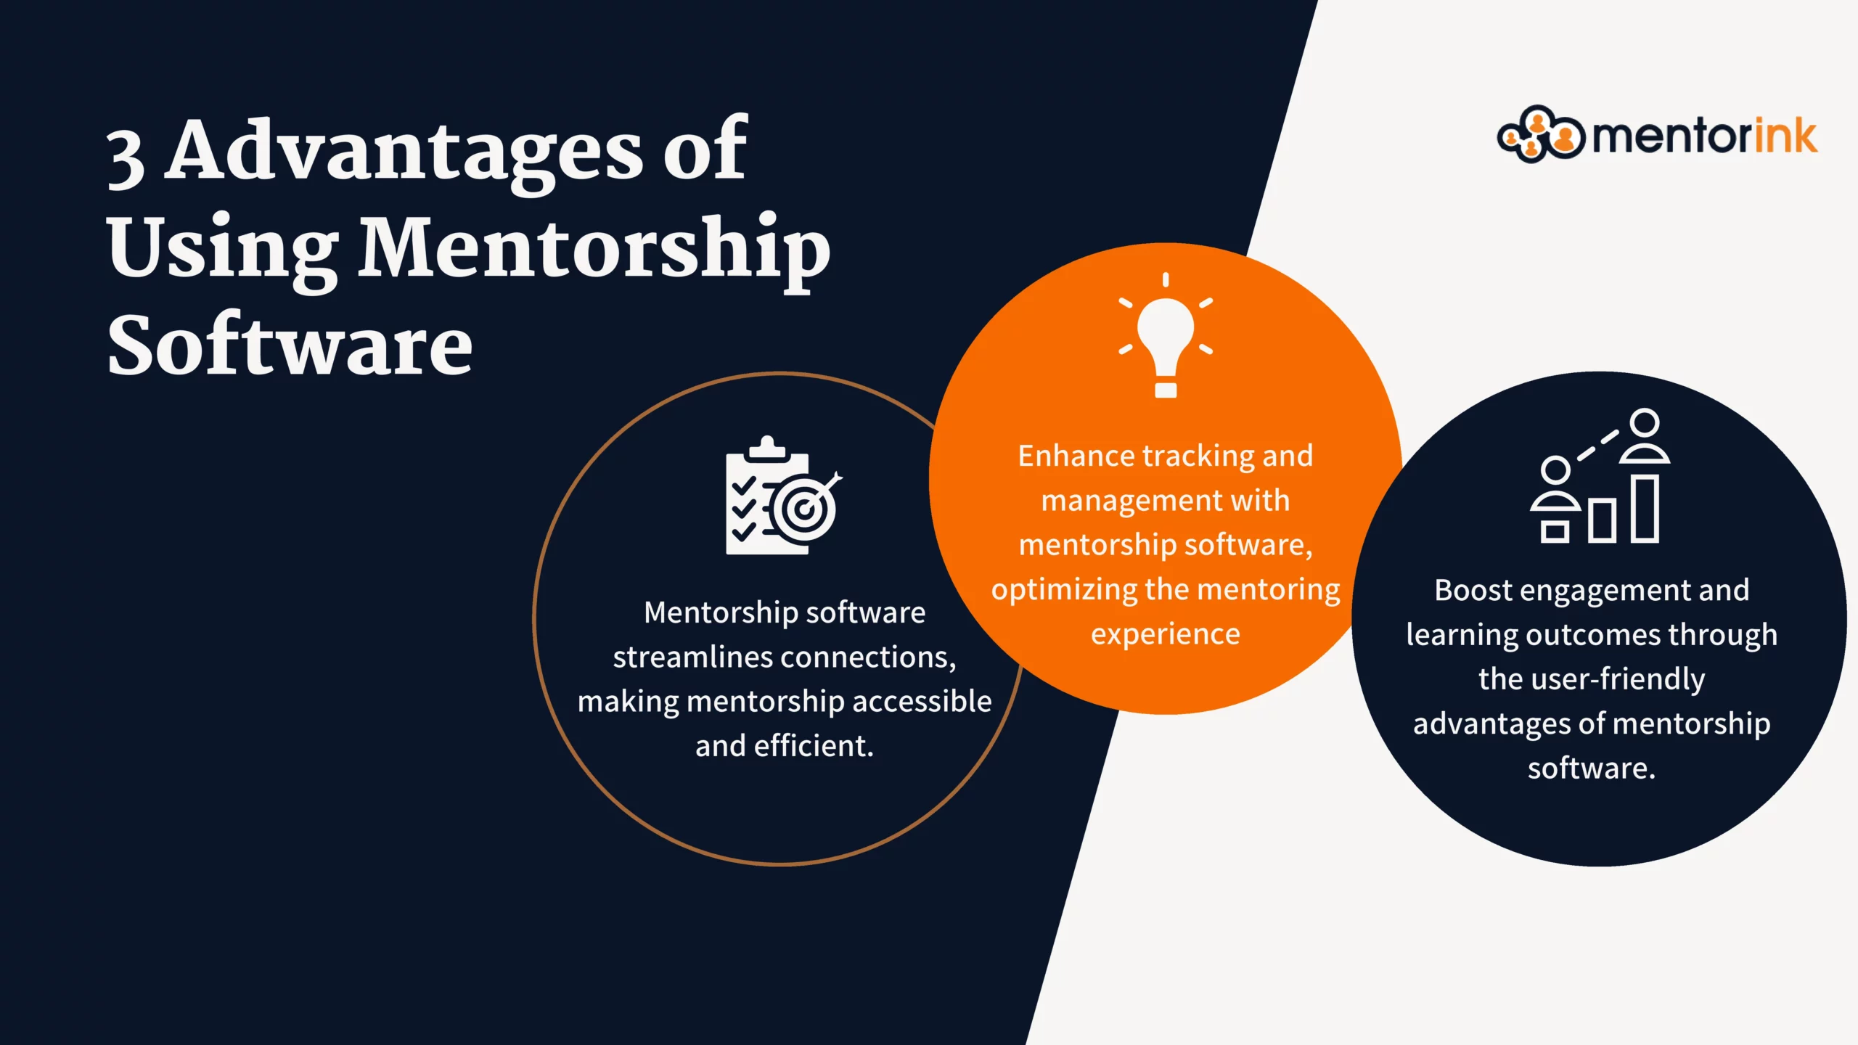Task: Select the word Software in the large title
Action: click(x=290, y=345)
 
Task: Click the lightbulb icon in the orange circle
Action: click(x=1166, y=335)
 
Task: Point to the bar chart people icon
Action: click(x=1600, y=475)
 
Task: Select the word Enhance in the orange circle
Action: click(x=1077, y=456)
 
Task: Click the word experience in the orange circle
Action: click(x=1166, y=635)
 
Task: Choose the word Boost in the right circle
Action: click(x=1473, y=590)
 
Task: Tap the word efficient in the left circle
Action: click(x=814, y=746)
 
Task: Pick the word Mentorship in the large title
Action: click(x=595, y=250)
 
